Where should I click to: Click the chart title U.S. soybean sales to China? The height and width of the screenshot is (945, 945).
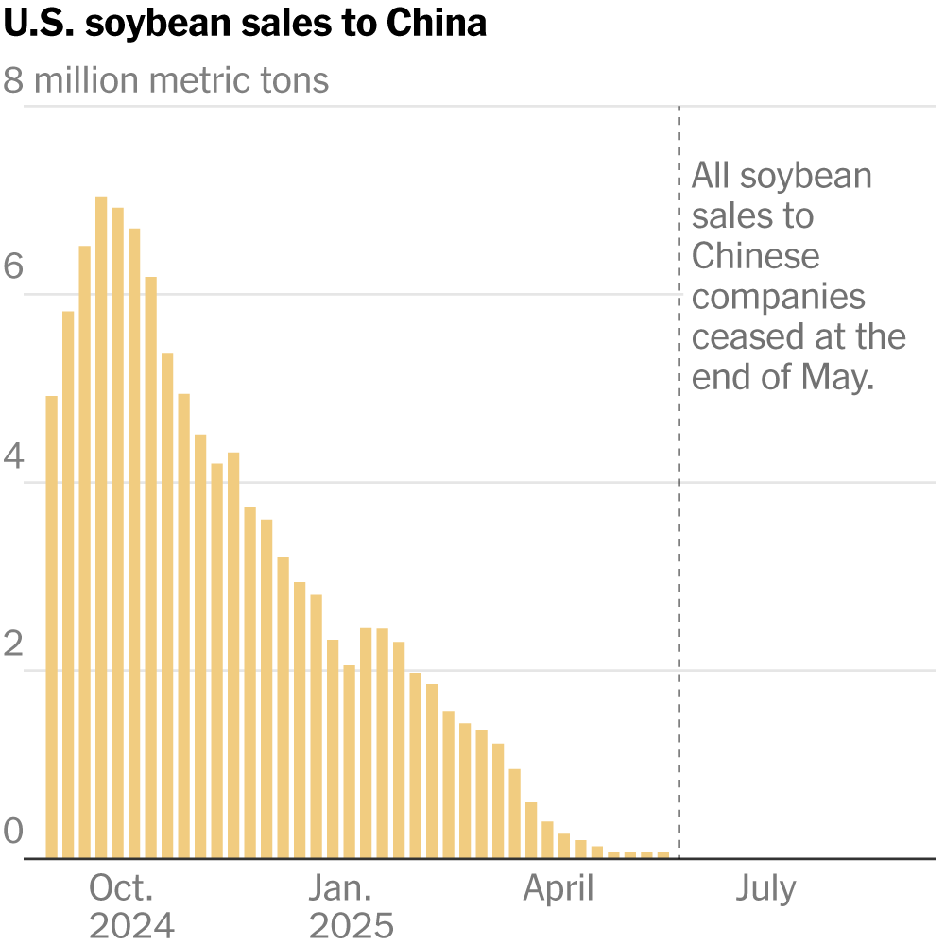click(245, 23)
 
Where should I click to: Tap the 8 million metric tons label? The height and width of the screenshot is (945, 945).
click(166, 80)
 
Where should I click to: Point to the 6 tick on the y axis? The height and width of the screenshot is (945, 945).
click(13, 267)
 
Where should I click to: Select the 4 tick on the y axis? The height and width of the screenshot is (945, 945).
click(13, 456)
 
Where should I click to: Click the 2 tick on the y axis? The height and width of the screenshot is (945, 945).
click(13, 644)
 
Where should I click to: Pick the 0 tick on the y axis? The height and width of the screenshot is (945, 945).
click(13, 833)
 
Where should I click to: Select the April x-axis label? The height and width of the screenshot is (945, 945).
click(558, 888)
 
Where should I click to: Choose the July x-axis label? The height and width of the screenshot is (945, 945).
click(765, 888)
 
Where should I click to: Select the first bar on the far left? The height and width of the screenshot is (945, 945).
click(51, 627)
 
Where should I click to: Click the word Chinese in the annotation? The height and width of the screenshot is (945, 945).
click(756, 256)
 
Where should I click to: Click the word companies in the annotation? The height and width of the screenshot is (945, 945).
click(778, 297)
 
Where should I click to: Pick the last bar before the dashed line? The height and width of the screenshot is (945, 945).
click(663, 854)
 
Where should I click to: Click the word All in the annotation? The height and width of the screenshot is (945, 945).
click(710, 176)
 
